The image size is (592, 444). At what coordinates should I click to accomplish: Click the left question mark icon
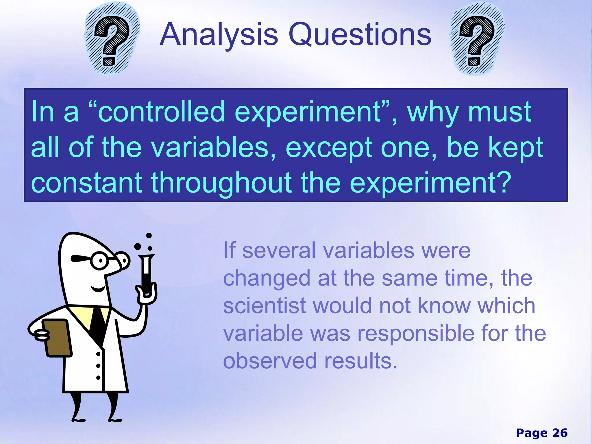pyautogui.click(x=112, y=39)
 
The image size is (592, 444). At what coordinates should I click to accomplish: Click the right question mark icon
pyautogui.click(x=477, y=39)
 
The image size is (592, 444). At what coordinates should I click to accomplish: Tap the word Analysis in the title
pyautogui.click(x=219, y=35)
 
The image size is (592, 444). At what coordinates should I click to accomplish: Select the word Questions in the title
pyautogui.click(x=360, y=35)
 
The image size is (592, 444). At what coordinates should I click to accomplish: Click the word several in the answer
pyautogui.click(x=279, y=250)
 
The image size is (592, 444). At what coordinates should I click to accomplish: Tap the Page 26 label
pyautogui.click(x=541, y=433)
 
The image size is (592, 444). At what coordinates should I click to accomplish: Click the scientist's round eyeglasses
pyautogui.click(x=100, y=260)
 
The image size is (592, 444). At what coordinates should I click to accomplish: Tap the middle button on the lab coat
pyautogui.click(x=98, y=366)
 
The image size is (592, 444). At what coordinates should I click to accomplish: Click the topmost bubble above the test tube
pyautogui.click(x=149, y=236)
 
